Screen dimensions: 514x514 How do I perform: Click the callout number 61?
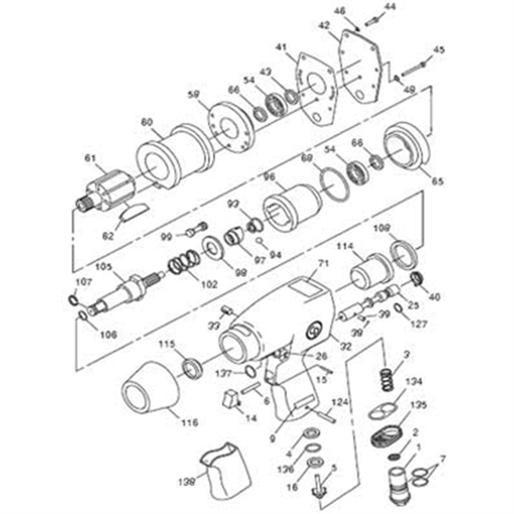pyautogui.click(x=89, y=158)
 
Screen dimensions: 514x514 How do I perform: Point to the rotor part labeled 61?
pyautogui.click(x=108, y=190)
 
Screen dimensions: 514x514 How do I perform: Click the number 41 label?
pyautogui.click(x=281, y=46)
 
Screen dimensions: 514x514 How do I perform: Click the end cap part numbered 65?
pyautogui.click(x=406, y=152)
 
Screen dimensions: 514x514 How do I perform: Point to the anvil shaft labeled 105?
pyautogui.click(x=125, y=291)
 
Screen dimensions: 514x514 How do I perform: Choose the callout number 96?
pyautogui.click(x=268, y=177)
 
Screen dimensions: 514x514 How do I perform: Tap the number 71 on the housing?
pyautogui.click(x=324, y=263)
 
